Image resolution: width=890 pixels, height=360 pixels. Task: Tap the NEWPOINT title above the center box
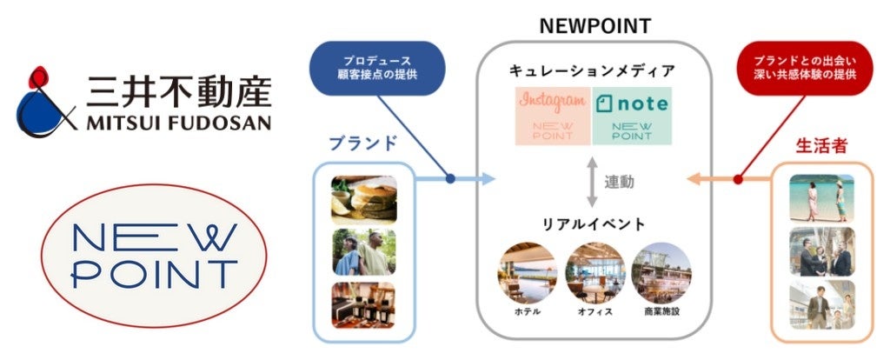point(594,25)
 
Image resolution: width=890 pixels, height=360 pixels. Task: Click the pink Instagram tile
point(553,116)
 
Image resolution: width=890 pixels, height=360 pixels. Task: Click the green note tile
point(632,116)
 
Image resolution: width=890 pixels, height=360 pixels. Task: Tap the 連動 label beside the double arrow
point(619,182)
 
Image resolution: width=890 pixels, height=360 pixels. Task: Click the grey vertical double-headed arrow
point(591,182)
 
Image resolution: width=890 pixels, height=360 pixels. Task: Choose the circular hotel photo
point(527,272)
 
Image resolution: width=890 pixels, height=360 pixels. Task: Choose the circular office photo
point(594,272)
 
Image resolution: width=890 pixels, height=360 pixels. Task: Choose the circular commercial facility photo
point(662,272)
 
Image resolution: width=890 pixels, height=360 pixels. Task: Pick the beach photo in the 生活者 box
point(821,198)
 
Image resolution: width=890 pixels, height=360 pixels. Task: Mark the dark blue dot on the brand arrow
point(450,179)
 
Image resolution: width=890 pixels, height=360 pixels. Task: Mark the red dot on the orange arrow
point(738,180)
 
